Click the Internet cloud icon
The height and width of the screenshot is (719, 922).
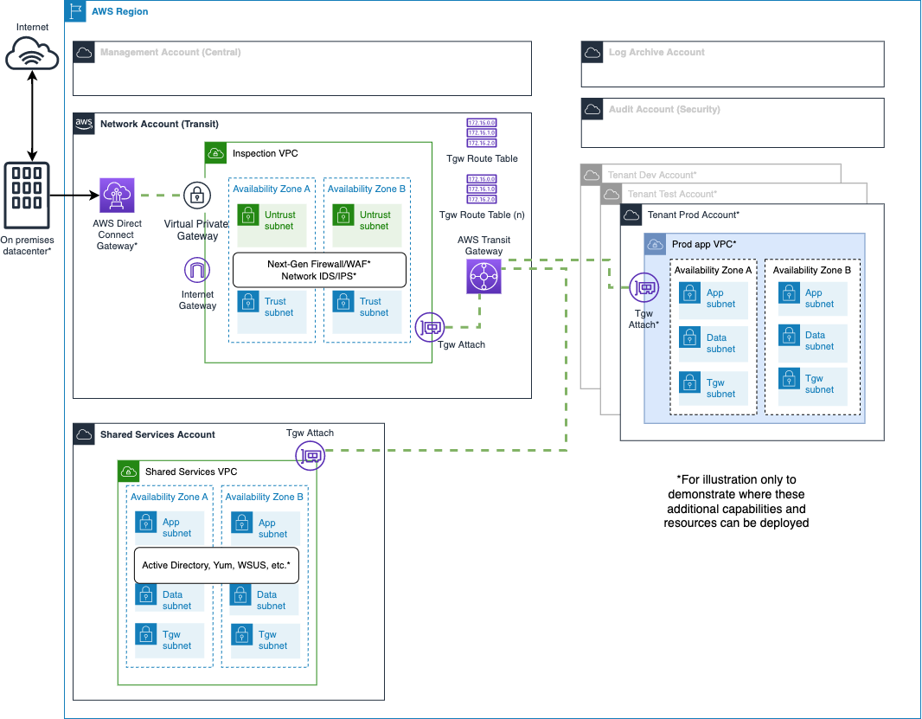pyautogui.click(x=32, y=55)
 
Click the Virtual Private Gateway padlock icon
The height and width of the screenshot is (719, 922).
pyautogui.click(x=197, y=196)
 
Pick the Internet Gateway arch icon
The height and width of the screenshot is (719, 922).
pyautogui.click(x=197, y=271)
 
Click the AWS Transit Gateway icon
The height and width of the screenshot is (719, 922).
pyautogui.click(x=483, y=278)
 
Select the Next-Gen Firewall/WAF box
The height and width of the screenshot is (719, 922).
pyautogui.click(x=319, y=270)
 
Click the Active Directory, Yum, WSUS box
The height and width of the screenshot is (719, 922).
pyautogui.click(x=216, y=565)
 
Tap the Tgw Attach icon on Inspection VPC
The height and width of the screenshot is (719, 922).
pyautogui.click(x=430, y=327)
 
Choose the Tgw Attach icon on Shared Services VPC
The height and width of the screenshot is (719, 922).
pyautogui.click(x=310, y=455)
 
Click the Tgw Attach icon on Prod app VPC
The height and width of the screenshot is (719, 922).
pyautogui.click(x=643, y=287)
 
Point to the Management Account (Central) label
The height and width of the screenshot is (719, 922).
pyautogui.click(x=170, y=53)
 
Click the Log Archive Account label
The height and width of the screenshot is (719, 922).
pyautogui.click(x=656, y=53)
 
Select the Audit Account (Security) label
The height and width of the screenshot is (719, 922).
pyautogui.click(x=664, y=110)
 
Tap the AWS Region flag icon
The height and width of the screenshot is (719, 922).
pyautogui.click(x=75, y=11)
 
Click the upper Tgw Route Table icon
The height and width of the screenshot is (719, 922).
pyautogui.click(x=482, y=133)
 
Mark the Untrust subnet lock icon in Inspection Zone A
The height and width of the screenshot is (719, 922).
pyautogui.click(x=248, y=215)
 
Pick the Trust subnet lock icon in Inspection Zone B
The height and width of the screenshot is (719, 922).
pyautogui.click(x=343, y=302)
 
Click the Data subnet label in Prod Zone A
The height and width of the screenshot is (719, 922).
pyautogui.click(x=720, y=343)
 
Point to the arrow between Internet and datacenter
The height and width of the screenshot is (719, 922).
pyautogui.click(x=32, y=114)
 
